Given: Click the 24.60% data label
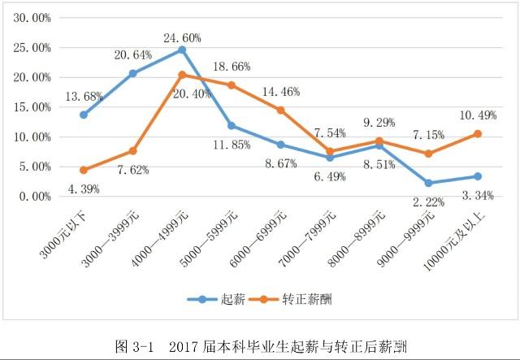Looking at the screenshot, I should [x=181, y=37].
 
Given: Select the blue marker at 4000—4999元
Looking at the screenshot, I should [x=182, y=50].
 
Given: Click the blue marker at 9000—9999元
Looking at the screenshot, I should [x=428, y=183].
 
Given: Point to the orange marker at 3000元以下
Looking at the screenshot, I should [x=84, y=170].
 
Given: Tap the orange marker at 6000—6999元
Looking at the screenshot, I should [x=280, y=110].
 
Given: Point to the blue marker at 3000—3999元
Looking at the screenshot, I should [x=132, y=73].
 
